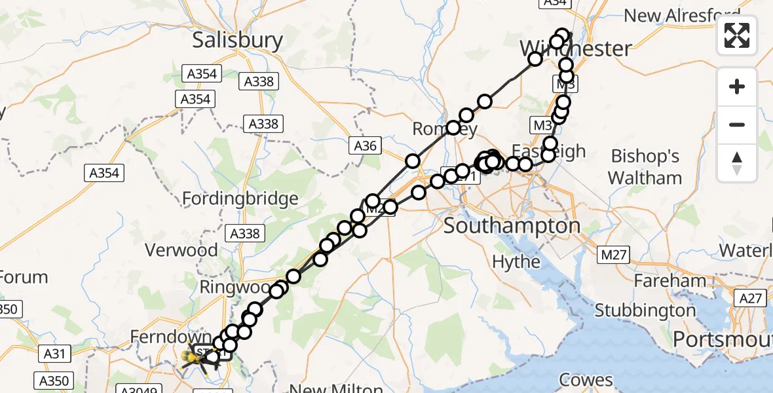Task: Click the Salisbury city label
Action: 237,40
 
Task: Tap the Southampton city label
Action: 512,227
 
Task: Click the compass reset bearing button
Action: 737,163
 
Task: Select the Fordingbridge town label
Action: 240,198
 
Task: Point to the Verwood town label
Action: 181,250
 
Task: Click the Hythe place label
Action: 516,262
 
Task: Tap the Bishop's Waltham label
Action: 645,167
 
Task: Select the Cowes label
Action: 586,381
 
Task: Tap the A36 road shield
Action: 365,145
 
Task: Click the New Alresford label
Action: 682,15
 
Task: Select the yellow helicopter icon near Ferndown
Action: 193,356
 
